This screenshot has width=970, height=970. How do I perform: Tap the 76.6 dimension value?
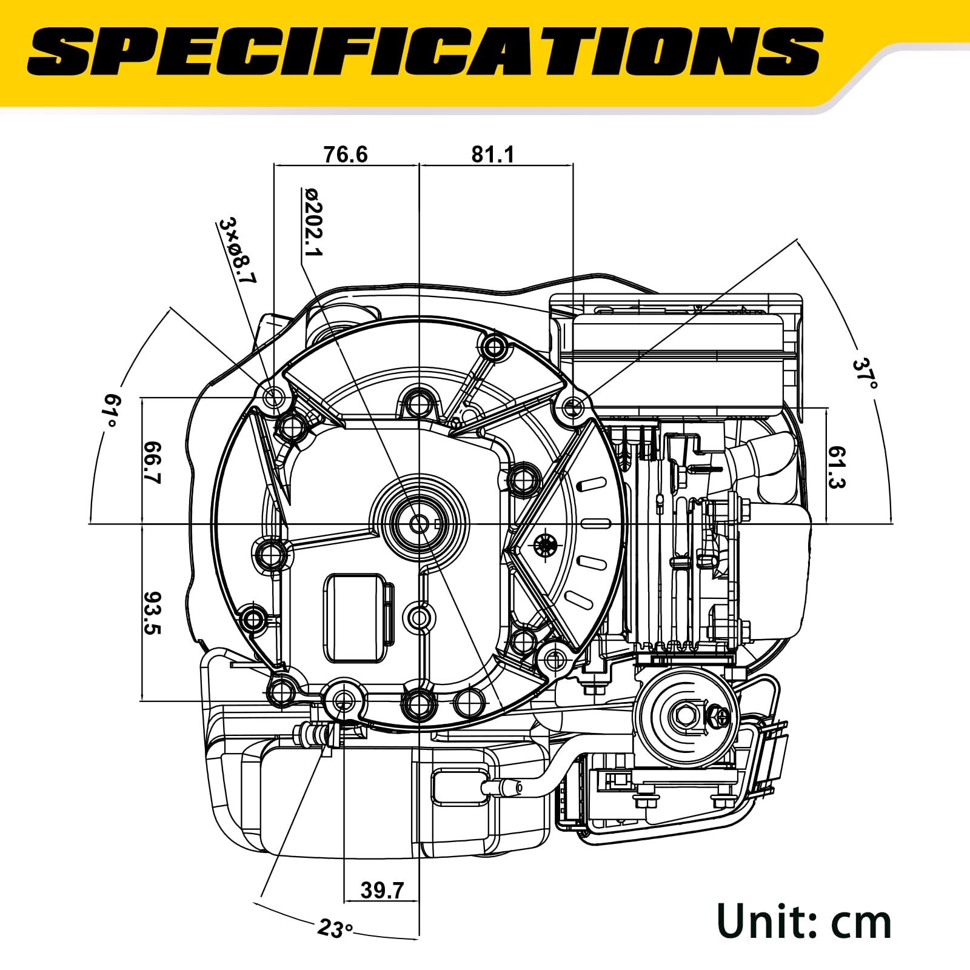point(346,155)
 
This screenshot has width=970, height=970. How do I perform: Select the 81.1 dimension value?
point(493,155)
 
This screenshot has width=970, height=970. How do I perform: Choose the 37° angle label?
point(865,374)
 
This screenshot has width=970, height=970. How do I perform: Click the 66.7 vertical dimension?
point(152,461)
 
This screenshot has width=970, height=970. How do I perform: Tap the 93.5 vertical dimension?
point(152,612)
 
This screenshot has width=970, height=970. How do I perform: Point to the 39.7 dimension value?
point(382,891)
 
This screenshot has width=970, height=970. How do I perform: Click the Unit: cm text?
point(804,921)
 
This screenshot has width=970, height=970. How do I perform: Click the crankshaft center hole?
point(418,523)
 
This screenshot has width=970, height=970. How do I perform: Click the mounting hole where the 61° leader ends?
point(275,398)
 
